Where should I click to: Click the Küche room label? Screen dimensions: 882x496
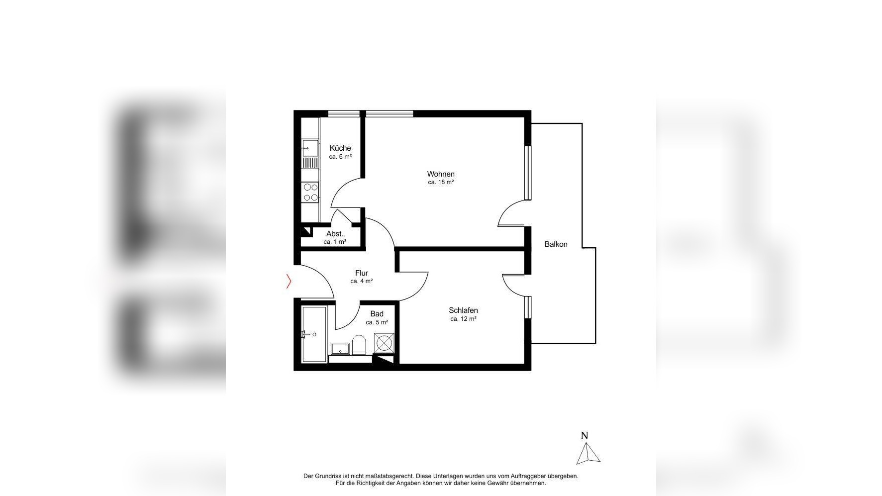point(340,148)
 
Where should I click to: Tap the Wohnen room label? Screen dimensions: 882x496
point(441,174)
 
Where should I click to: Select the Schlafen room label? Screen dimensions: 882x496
point(463,310)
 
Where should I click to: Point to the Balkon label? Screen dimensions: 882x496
point(556,244)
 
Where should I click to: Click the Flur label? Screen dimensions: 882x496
point(362,273)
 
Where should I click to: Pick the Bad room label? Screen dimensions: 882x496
point(377,313)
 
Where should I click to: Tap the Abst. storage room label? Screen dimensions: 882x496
point(335,234)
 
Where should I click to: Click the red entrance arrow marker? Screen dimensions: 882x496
point(289,282)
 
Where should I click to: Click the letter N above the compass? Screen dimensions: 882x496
point(585,435)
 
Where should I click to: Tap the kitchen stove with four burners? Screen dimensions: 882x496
point(311,193)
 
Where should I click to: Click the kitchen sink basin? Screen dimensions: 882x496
point(310,148)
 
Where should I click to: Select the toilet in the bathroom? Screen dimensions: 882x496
point(359,344)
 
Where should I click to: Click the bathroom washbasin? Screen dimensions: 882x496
point(341,348)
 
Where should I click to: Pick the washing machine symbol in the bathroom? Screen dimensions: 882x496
point(385,343)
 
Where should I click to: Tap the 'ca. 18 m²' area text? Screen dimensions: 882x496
point(441,182)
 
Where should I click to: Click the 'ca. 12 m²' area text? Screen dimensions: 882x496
point(463,319)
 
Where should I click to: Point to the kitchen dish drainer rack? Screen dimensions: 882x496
point(310,163)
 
